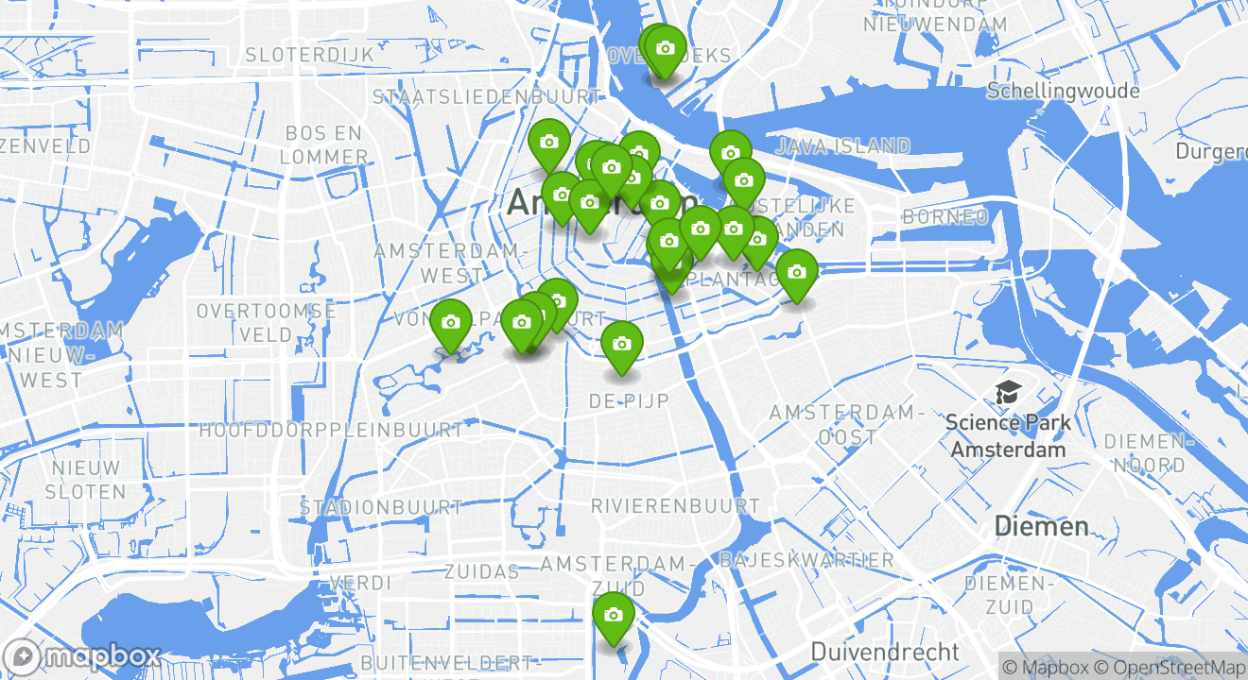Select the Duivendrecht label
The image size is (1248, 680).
click(885, 652)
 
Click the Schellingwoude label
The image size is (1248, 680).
click(1063, 91)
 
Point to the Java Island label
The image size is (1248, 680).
click(842, 145)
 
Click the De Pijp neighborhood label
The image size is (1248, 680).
click(629, 401)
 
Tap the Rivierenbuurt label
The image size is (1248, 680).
click(675, 506)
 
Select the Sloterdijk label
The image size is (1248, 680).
click(310, 55)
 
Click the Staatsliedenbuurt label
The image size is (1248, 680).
click(487, 96)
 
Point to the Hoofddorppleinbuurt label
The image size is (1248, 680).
click(331, 430)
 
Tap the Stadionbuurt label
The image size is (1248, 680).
click(380, 507)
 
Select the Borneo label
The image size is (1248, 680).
click(945, 217)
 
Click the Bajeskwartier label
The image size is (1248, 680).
click(806, 560)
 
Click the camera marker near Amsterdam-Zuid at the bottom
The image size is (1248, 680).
click(613, 617)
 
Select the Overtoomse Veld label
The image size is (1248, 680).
click(266, 322)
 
